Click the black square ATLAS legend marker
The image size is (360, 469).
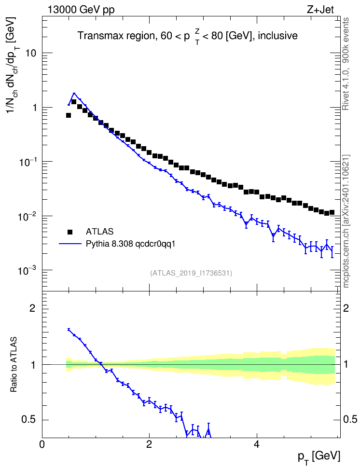[70, 232]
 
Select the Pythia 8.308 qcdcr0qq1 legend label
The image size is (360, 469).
[130, 244]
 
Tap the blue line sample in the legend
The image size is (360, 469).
[70, 244]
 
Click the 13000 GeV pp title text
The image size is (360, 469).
[81, 10]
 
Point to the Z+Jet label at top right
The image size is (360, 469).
[320, 10]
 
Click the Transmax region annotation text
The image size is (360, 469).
[188, 36]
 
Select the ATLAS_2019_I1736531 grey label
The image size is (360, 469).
[191, 273]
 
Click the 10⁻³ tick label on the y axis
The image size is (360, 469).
[26, 270]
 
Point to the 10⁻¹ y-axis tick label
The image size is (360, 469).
[26, 162]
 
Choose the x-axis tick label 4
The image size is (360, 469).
[256, 444]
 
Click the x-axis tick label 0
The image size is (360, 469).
[42, 444]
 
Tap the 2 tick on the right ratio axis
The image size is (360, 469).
[346, 308]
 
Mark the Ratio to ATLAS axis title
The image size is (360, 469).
[14, 364]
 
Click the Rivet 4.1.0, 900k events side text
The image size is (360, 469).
[346, 64]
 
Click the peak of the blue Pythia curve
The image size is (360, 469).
[74, 93]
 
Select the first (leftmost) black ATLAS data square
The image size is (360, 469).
[69, 115]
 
